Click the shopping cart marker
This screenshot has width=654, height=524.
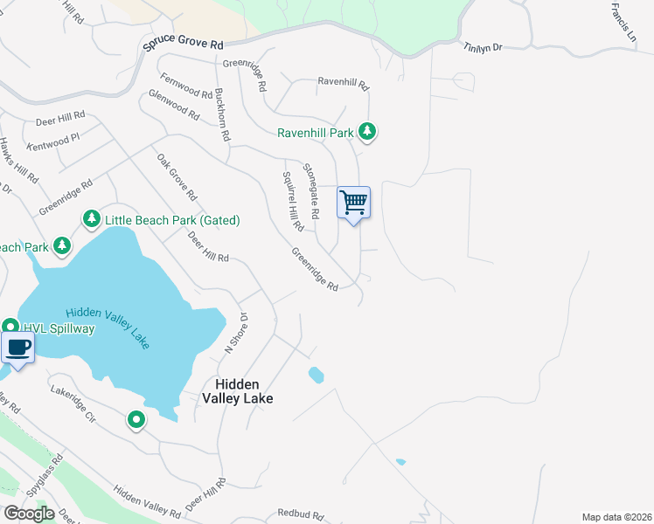pyautogui.click(x=353, y=203)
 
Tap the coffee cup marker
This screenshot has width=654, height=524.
pyautogui.click(x=18, y=348)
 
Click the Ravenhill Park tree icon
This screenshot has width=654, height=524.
pyautogui.click(x=369, y=133)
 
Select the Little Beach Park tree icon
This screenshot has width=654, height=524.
pyautogui.click(x=91, y=219)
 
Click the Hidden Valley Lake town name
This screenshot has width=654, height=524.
pyautogui.click(x=237, y=391)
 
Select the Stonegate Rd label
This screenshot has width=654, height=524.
pyautogui.click(x=311, y=190)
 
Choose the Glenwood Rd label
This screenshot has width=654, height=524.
pyautogui.click(x=175, y=105)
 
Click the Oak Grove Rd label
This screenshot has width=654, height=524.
pyautogui.click(x=177, y=176)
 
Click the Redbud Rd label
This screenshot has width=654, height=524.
pyautogui.click(x=301, y=514)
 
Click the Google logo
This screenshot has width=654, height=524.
pyautogui.click(x=28, y=514)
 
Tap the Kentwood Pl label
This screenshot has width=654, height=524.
pyautogui.click(x=53, y=138)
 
